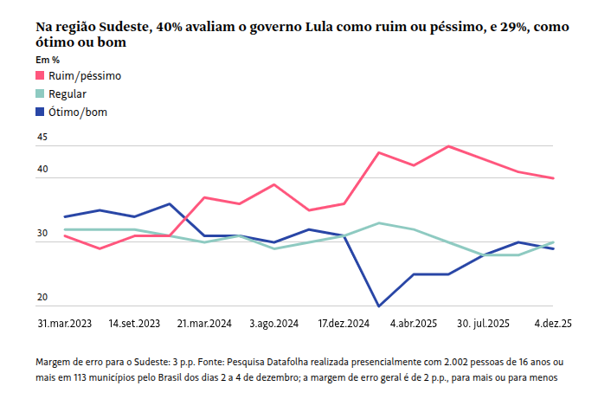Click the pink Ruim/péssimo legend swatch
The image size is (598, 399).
tap(41, 76)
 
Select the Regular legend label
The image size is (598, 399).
tap(68, 94)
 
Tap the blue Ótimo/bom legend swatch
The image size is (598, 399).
tap(41, 112)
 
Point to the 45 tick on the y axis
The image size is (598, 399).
tap(42, 138)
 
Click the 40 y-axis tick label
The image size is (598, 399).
tap(42, 170)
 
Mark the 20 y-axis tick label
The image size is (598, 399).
tap(42, 298)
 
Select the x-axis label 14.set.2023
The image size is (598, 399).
tap(134, 323)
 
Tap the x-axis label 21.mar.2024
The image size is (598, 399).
tap(204, 323)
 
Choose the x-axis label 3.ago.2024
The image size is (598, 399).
tap(273, 323)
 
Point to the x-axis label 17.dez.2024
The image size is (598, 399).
tap(344, 323)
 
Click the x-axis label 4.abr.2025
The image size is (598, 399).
tap(414, 323)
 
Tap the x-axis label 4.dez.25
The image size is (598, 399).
tap(553, 323)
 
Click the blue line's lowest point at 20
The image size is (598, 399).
tap(379, 306)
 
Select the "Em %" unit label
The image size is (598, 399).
tap(48, 60)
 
